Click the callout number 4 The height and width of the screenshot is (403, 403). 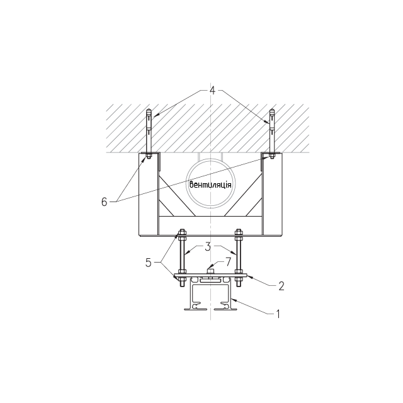(212, 91)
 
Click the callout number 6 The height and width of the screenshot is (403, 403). (104, 202)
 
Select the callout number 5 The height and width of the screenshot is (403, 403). (149, 263)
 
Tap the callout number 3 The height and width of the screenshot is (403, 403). (208, 247)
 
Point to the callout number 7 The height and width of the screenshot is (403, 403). (228, 262)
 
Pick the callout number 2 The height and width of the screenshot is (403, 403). (281, 286)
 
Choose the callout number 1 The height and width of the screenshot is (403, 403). (278, 314)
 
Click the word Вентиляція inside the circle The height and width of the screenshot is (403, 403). (210, 184)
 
